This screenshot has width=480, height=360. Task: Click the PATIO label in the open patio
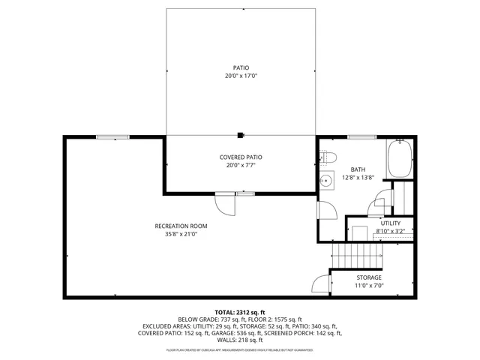pos(240,68)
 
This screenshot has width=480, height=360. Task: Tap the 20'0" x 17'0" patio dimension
pos(240,76)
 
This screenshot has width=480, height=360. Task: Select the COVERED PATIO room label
pos(241,157)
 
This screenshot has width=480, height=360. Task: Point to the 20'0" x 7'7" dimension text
pos(241,165)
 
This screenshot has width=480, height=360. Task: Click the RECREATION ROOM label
pos(181,226)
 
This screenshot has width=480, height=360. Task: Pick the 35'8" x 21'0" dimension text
pos(181,234)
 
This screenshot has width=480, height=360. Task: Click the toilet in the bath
pos(328,157)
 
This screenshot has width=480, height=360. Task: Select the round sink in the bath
pos(326,181)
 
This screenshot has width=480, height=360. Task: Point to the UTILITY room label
pos(390,223)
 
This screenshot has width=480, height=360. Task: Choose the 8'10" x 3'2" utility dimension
pos(390,232)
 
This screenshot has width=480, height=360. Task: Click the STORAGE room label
pos(368,277)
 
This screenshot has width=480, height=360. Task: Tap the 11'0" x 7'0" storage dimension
pos(368,286)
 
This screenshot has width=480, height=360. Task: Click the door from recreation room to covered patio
pos(225,202)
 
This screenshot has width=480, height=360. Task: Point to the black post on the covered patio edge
pos(240,136)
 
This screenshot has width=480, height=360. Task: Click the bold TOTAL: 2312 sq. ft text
pos(240,311)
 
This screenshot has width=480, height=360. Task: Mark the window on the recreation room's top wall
pos(112,136)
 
